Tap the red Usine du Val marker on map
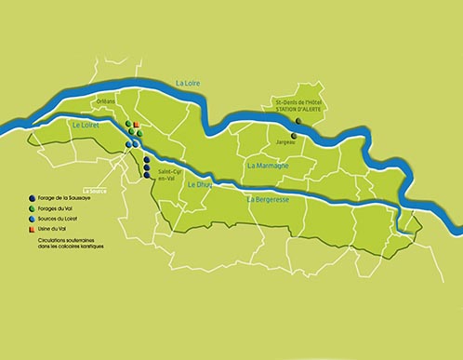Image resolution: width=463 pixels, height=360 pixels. coord(137,125)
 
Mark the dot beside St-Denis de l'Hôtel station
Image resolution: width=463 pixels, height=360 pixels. coord(298,120)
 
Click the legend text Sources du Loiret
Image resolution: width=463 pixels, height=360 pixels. coord(58,219)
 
